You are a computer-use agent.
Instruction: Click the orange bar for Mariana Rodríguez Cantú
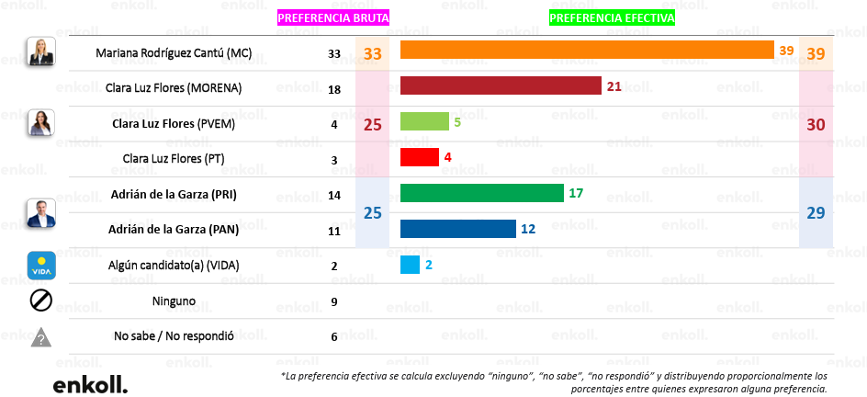(x=587, y=50)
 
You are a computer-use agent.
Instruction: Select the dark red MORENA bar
(x=501, y=85)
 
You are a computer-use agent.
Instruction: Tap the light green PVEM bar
(x=424, y=121)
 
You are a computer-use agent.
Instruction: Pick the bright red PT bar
(x=420, y=156)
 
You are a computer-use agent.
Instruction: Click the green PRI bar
(x=481, y=192)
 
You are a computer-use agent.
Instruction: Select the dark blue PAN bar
(x=457, y=228)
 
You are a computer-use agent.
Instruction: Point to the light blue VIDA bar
(x=410, y=265)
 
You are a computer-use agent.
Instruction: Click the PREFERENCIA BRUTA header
(x=333, y=18)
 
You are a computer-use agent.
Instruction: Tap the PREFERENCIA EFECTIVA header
(x=612, y=18)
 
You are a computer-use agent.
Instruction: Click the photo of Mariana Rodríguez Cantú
(x=42, y=51)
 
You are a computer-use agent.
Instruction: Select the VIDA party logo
(x=41, y=266)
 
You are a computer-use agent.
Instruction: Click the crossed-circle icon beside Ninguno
(x=41, y=301)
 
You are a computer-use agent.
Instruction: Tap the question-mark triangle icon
(x=41, y=336)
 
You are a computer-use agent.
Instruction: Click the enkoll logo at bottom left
(x=90, y=385)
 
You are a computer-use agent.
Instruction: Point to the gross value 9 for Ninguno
(x=333, y=302)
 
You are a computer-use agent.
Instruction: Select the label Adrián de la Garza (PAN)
(x=175, y=230)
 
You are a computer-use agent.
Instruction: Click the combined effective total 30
(x=816, y=125)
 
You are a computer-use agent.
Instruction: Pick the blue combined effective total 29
(x=816, y=213)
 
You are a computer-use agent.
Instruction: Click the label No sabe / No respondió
(x=175, y=336)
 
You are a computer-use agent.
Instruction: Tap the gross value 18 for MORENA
(x=333, y=89)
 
